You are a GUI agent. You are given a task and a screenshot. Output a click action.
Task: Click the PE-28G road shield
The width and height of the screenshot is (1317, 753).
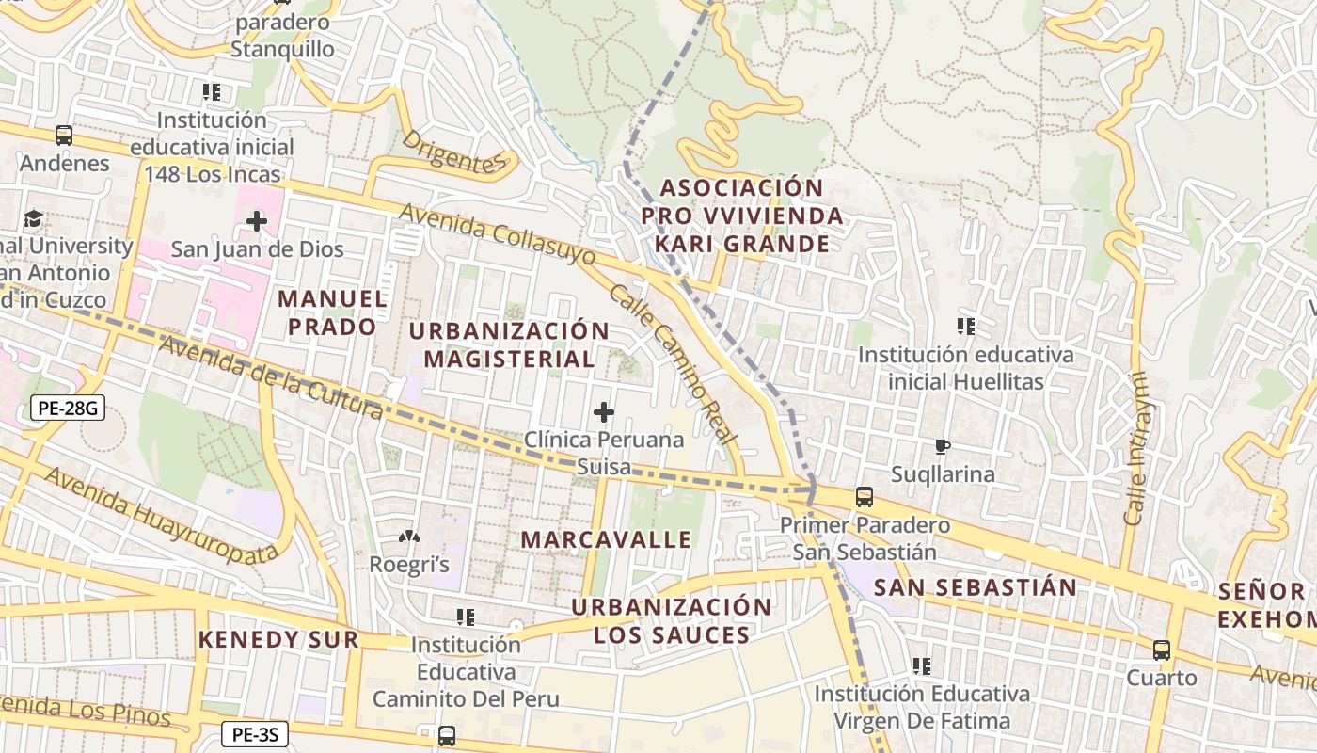(67, 408)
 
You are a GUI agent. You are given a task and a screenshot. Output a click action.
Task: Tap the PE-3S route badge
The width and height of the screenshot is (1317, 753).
(255, 734)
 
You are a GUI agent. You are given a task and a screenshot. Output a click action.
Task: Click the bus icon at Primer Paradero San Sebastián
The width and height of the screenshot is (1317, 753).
(864, 496)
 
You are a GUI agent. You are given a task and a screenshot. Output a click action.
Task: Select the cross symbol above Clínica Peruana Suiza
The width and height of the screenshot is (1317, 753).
(604, 412)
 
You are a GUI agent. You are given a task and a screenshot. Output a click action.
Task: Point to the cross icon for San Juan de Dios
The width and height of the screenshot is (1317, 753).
(256, 222)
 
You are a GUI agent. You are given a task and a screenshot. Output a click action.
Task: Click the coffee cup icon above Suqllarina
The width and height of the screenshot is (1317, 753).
(943, 446)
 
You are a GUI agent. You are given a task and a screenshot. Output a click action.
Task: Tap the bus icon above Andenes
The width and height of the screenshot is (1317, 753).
(64, 136)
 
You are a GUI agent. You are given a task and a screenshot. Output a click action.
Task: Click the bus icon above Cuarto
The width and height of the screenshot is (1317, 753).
(1162, 649)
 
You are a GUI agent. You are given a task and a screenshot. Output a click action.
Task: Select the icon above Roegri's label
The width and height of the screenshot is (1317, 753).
(408, 537)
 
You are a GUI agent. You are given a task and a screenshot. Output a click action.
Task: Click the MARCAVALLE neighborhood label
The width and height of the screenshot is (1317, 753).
(606, 539)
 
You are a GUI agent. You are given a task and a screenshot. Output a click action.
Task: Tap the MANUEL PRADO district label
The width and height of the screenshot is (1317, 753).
(332, 312)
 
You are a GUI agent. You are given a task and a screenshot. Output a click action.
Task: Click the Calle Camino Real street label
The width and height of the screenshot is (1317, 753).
(672, 363)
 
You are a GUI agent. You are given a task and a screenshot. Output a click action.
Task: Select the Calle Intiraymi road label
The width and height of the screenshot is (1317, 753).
(1136, 448)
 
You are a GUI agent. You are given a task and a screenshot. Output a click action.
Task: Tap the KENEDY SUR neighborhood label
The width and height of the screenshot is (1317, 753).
(278, 640)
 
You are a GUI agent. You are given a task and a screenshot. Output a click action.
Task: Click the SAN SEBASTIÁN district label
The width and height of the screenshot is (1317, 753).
(976, 587)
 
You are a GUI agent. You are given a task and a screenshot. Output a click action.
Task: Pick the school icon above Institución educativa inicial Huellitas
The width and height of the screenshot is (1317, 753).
(965, 327)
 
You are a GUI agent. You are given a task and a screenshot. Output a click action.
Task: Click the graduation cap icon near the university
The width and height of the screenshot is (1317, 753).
(34, 218)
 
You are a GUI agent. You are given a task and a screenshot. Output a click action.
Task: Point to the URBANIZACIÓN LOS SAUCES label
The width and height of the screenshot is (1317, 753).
(672, 620)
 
